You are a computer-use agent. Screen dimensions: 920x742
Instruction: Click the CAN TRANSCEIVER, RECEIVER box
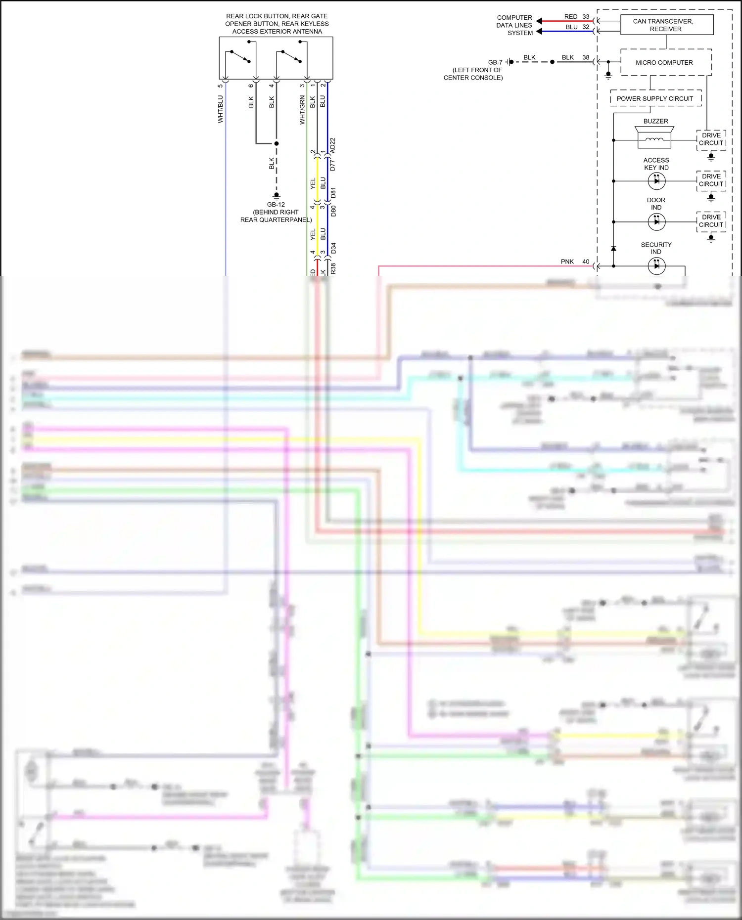[666, 25]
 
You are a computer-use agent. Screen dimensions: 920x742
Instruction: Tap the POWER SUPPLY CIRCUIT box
[655, 98]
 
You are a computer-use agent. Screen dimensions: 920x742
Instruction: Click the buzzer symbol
[654, 137]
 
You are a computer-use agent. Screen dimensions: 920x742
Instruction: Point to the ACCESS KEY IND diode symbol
[656, 181]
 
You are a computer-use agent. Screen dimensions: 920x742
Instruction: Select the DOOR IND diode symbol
[656, 222]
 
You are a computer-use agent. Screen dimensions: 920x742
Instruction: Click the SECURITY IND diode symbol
[656, 266]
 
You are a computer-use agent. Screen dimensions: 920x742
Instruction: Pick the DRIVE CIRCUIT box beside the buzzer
[711, 139]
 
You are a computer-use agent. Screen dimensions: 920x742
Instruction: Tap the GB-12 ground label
[276, 204]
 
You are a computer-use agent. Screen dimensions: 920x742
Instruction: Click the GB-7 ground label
[495, 62]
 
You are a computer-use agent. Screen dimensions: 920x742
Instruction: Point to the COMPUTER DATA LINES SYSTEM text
[514, 25]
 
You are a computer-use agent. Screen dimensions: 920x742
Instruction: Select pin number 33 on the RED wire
[586, 16]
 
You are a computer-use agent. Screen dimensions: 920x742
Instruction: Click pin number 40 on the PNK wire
[586, 262]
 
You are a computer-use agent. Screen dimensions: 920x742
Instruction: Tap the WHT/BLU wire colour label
[221, 109]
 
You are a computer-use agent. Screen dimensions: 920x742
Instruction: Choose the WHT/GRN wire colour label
[302, 110]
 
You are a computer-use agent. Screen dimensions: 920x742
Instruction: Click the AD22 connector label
[333, 145]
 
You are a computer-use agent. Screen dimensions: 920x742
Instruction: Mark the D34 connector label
[333, 248]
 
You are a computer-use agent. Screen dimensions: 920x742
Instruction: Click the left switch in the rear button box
[240, 56]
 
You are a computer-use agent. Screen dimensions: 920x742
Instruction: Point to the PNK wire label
[567, 262]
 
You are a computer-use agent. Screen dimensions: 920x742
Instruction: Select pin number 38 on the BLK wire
[586, 57]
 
